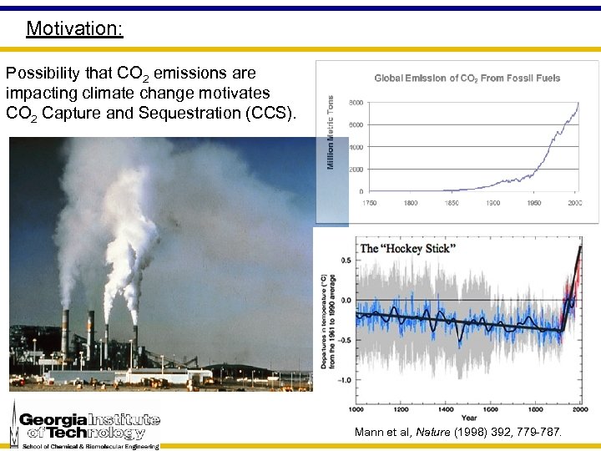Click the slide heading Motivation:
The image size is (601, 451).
coord(74,28)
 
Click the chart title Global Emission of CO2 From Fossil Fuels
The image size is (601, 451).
coord(467,78)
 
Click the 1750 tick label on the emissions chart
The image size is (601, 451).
coord(368,203)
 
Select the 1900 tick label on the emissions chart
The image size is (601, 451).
coord(493,203)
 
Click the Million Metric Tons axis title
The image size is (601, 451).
coord(331,132)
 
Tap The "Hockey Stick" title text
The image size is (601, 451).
coord(408,249)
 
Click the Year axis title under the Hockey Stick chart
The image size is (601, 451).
coord(470,418)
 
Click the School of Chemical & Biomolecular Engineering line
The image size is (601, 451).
coord(90,445)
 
